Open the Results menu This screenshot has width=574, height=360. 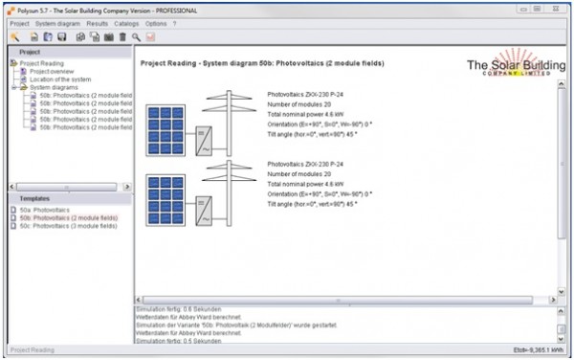[x=97, y=23]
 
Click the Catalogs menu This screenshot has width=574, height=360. [x=127, y=23]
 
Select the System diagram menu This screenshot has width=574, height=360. [x=59, y=23]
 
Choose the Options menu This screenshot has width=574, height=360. [x=156, y=23]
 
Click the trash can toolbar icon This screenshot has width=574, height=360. [x=122, y=36]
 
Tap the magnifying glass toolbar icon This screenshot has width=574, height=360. [x=136, y=36]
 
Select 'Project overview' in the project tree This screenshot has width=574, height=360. [x=53, y=71]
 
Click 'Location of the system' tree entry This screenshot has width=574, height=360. [x=60, y=79]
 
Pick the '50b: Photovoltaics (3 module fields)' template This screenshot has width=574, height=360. [x=68, y=226]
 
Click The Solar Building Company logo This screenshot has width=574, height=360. [x=516, y=67]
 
